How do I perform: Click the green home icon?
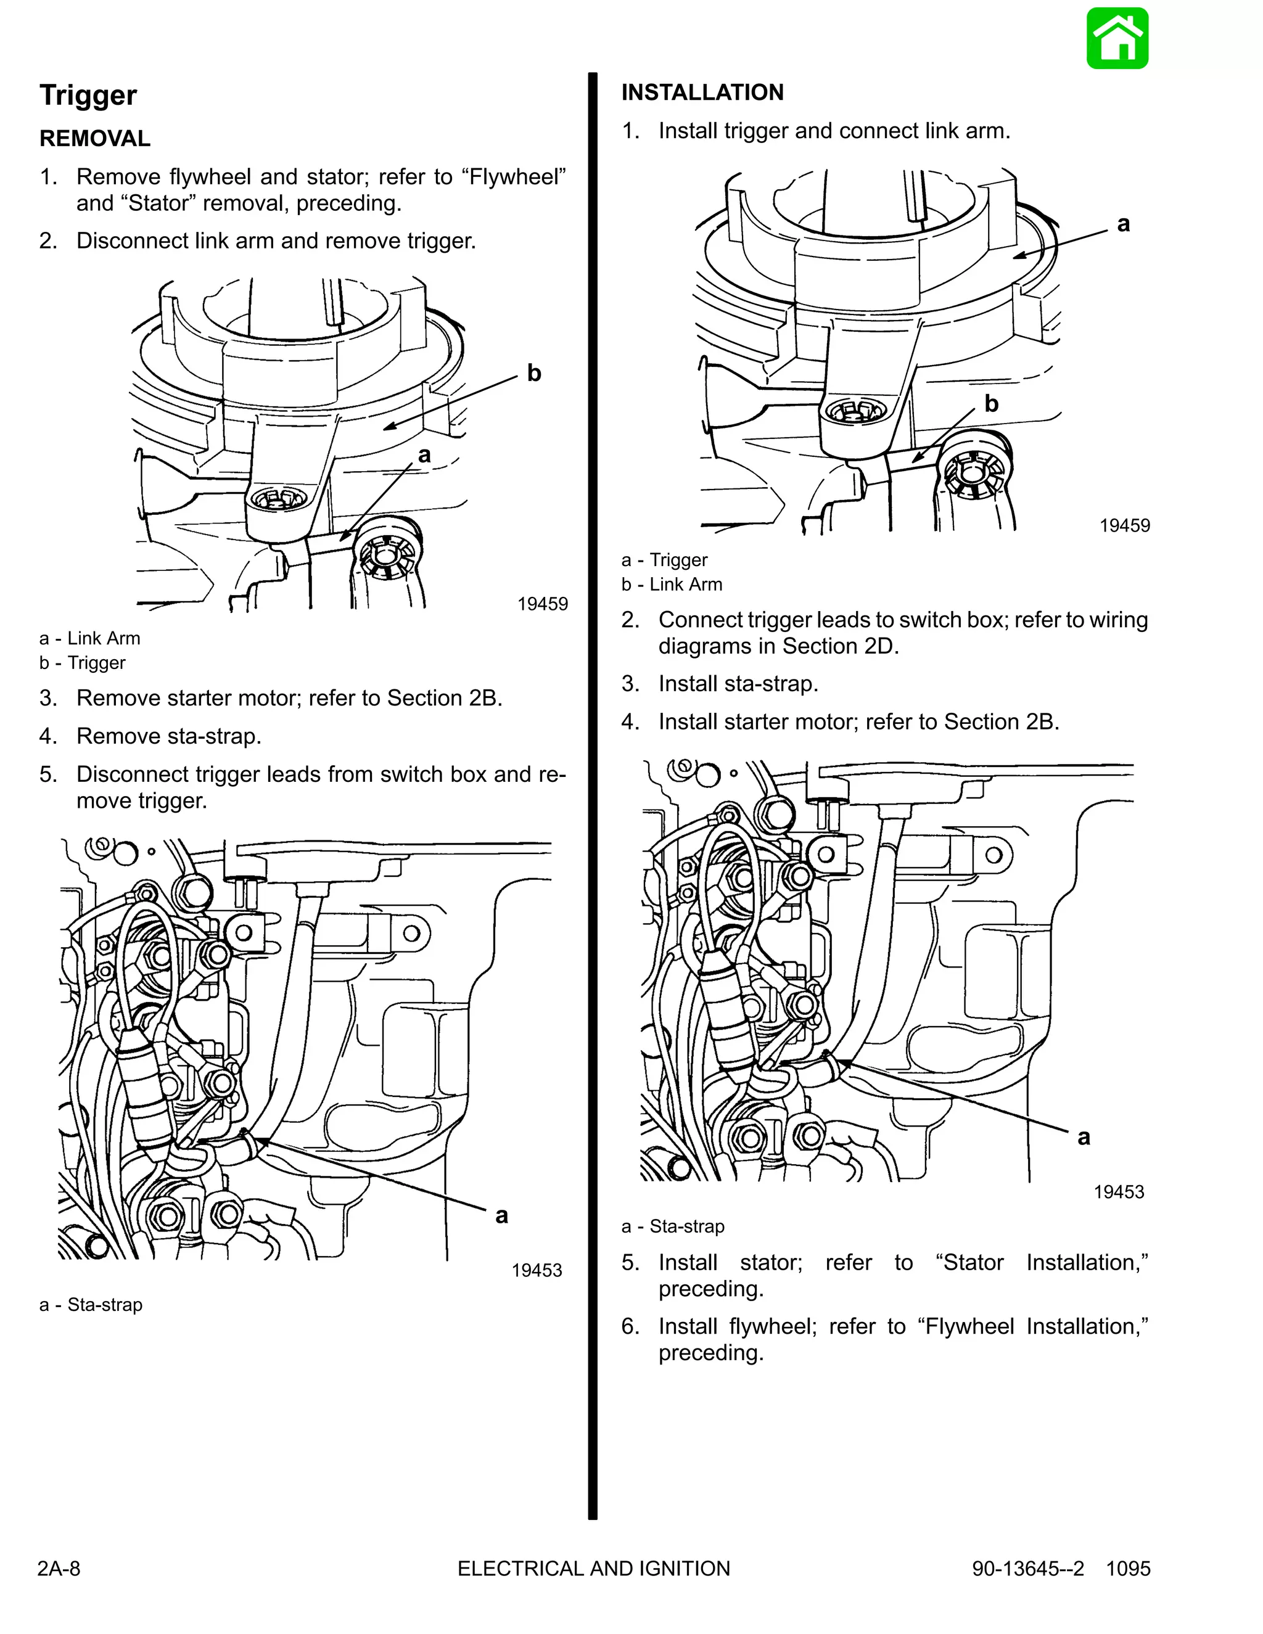(1117, 39)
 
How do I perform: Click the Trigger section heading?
(88, 96)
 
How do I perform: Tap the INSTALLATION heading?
(702, 92)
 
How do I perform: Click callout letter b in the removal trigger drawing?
(533, 372)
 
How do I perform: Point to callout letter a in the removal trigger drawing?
(424, 455)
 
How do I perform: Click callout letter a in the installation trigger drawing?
(1123, 224)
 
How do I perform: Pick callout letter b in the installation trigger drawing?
(992, 404)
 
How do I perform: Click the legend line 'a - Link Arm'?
(90, 638)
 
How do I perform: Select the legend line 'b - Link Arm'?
(672, 585)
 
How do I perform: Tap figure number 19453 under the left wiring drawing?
(537, 1270)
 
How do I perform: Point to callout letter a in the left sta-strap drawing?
(501, 1216)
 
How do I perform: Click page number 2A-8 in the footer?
(59, 1568)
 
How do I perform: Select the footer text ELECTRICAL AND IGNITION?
(593, 1568)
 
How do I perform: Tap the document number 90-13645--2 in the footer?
(1027, 1568)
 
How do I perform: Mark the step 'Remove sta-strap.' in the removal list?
(168, 736)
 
